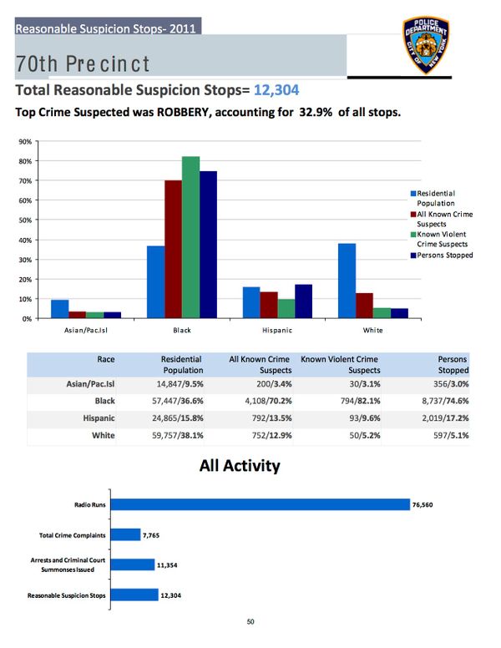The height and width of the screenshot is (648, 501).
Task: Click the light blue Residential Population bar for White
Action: (x=347, y=281)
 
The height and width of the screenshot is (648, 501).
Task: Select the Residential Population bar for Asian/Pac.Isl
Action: (x=59, y=309)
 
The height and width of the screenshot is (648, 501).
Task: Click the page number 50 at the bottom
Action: (x=250, y=620)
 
